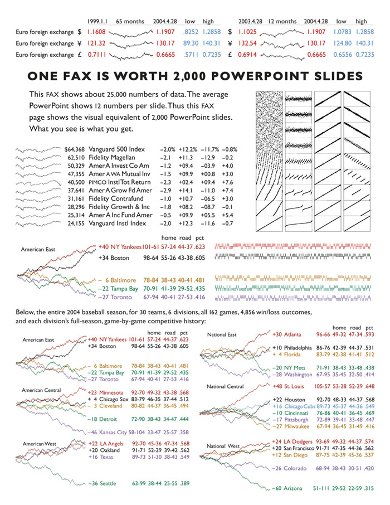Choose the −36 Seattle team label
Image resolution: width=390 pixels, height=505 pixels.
point(104,484)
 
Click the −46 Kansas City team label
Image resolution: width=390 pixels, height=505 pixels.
point(105,432)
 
